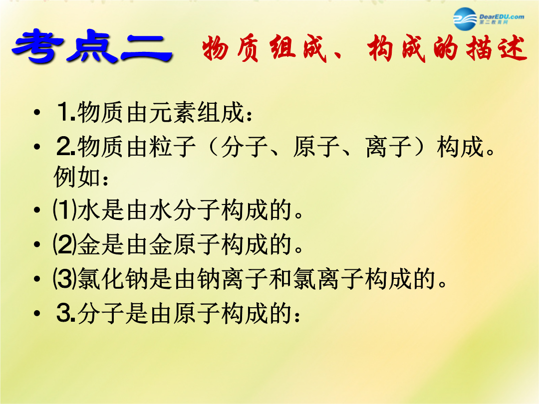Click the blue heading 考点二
pos(92,46)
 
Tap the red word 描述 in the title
pos(496,48)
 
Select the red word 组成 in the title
pos(298,48)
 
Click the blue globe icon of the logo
pos(465,19)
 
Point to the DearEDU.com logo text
pos(502,17)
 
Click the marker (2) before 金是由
pos(64,244)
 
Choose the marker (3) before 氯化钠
pos(64,279)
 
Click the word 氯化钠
pos(113,279)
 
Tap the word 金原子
pos(185,244)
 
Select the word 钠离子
pos(233,279)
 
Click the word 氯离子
pos(328,279)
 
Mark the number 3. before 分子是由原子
pos(66,313)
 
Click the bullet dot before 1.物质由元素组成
pos(37,112)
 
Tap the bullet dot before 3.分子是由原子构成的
pos(37,313)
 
